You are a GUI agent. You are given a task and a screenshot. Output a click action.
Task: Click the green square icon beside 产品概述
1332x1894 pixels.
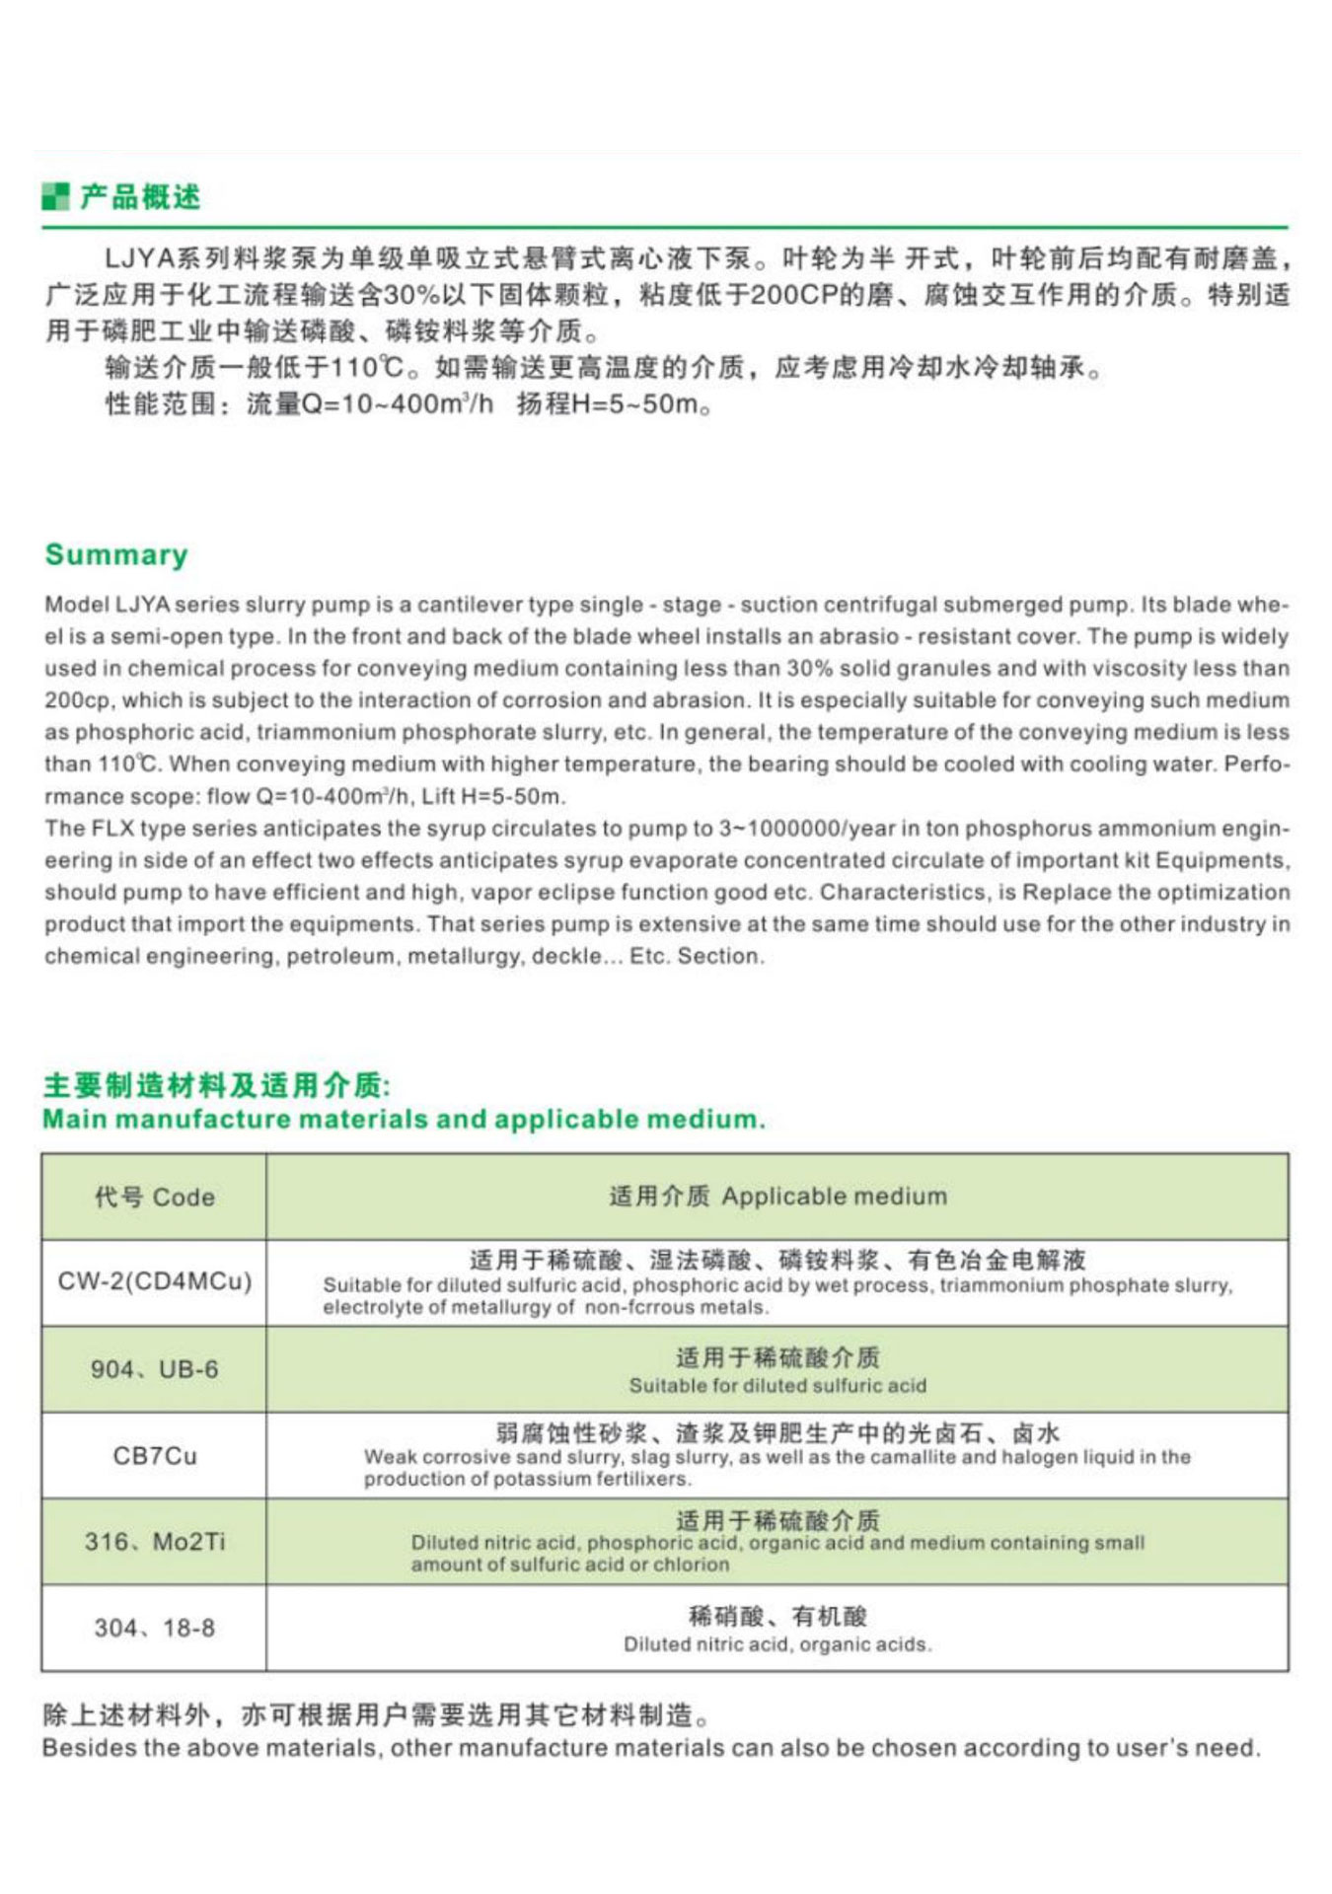[x=55, y=196]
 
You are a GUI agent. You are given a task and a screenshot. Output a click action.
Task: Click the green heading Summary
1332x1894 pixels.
[x=116, y=554]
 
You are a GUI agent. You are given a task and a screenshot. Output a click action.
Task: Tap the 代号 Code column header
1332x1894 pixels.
[x=154, y=1197]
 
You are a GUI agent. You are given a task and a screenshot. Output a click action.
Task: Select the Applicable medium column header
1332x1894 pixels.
[x=777, y=1197]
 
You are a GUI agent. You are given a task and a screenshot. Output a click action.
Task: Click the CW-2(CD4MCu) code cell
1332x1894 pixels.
[x=154, y=1281]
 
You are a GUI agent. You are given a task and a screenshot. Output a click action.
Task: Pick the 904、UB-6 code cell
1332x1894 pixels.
[x=154, y=1369]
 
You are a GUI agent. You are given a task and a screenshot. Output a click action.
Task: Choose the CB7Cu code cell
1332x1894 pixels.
[x=154, y=1455]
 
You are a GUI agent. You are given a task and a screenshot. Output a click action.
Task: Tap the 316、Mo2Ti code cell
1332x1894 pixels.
[x=154, y=1541]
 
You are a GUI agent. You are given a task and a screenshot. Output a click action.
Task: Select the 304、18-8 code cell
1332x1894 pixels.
[x=154, y=1628]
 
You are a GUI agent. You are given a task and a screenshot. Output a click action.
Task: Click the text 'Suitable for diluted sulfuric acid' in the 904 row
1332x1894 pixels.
[x=777, y=1386]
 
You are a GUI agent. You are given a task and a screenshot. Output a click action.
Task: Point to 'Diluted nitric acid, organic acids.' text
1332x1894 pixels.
[x=777, y=1644]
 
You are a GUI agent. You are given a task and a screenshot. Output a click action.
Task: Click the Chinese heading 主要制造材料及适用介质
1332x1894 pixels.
[x=216, y=1085]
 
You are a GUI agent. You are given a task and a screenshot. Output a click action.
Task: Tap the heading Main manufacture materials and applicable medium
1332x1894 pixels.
[x=404, y=1120]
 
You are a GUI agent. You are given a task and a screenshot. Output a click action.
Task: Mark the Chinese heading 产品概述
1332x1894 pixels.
[x=140, y=196]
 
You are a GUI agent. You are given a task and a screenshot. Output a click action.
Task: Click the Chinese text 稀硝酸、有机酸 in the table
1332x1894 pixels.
[x=777, y=1616]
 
